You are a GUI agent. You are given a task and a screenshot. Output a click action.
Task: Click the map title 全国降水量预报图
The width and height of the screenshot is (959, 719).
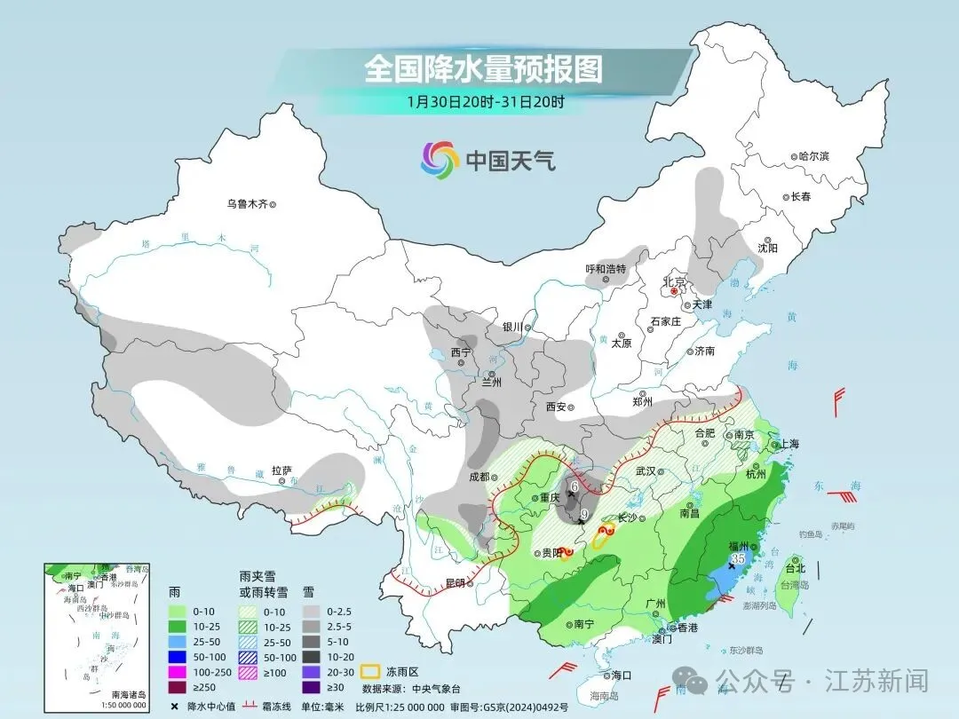483,68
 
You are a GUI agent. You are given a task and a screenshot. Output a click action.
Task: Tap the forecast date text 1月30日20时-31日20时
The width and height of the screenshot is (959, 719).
486,101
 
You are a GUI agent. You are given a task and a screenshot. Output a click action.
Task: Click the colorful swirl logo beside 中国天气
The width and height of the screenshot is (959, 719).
440,160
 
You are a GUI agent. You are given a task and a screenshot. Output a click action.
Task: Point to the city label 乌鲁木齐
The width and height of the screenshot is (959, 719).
247,204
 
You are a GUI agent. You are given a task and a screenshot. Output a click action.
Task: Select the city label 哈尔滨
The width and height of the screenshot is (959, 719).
812,156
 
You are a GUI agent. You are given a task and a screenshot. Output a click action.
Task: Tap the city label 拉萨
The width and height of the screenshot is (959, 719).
282,471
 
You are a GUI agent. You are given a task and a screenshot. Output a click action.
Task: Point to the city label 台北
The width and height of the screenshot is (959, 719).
796,568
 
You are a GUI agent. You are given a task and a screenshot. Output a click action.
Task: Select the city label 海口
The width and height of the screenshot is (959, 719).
621,676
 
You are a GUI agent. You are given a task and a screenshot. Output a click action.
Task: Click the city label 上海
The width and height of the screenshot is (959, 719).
790,445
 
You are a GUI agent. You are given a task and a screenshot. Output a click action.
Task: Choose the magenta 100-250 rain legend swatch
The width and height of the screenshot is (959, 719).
178,671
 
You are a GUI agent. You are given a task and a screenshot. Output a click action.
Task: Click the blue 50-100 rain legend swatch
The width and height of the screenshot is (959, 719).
178,656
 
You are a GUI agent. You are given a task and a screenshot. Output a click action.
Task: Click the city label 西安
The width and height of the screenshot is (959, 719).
557,407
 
